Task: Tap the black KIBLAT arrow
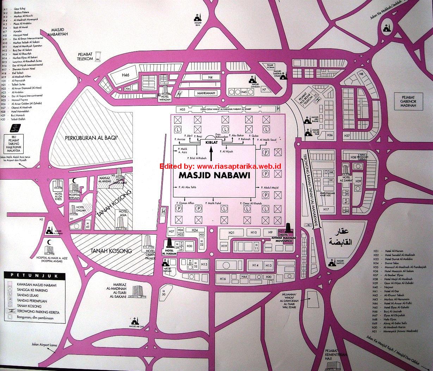(x=211, y=154)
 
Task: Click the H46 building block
(x=126, y=75)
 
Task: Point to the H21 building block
(x=231, y=233)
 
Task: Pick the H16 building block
(x=223, y=279)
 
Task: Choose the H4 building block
(x=210, y=77)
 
